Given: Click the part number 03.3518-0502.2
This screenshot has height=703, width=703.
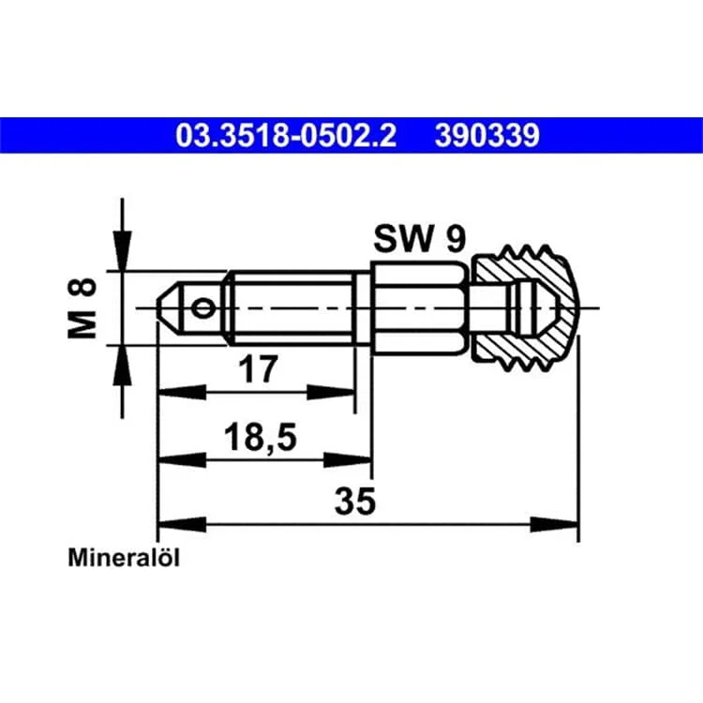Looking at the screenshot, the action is click(x=286, y=135).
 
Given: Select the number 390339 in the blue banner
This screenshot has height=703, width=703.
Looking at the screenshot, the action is click(x=486, y=135).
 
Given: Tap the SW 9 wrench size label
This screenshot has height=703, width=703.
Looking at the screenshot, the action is click(x=420, y=239).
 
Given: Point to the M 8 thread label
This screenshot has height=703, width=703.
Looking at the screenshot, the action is click(x=82, y=308).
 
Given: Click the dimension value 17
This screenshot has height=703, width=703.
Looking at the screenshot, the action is click(x=259, y=368).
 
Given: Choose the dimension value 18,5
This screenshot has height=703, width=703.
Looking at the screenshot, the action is click(x=260, y=437).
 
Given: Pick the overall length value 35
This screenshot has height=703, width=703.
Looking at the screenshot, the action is click(x=354, y=501).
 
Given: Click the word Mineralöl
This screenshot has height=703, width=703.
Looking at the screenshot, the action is click(x=124, y=559).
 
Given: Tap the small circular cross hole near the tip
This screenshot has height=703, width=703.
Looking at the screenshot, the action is click(x=202, y=309).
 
